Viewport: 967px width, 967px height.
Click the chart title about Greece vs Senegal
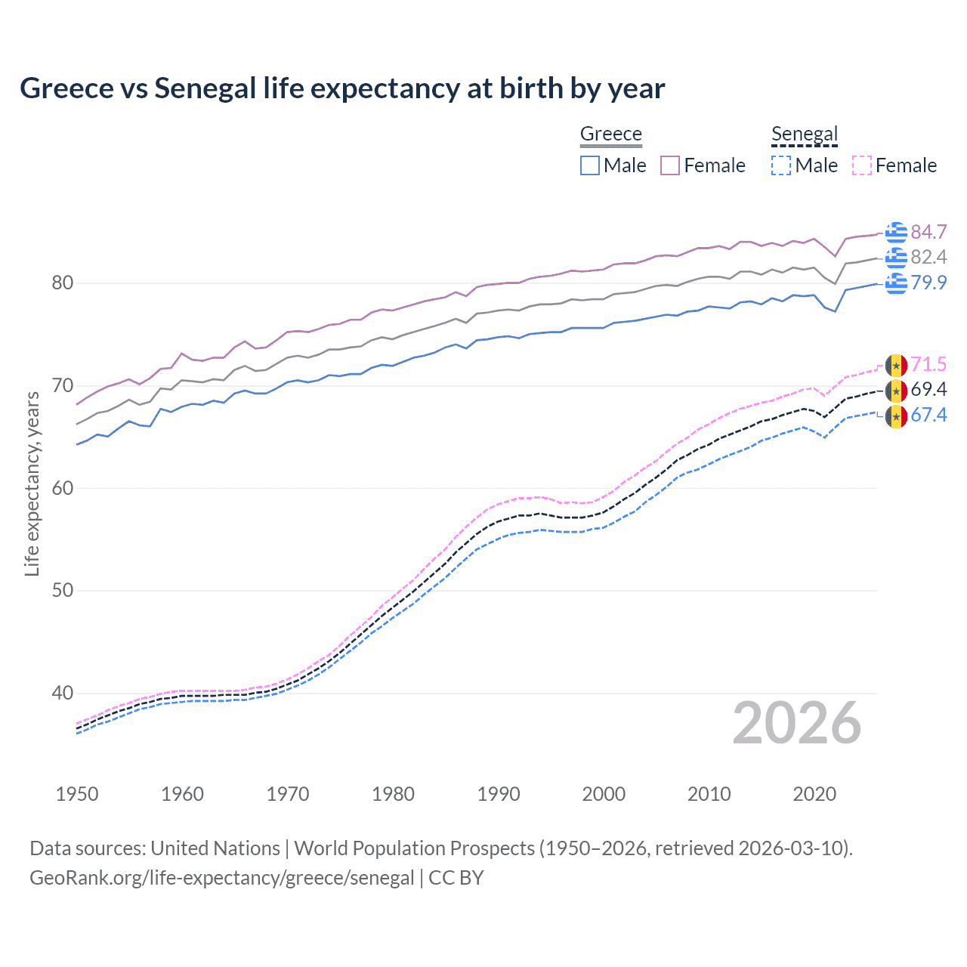[342, 88]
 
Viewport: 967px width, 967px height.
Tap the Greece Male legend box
[590, 165]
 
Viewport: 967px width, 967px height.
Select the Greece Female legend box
[670, 165]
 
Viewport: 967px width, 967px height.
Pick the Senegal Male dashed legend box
[781, 165]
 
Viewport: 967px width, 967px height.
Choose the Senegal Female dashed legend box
[862, 165]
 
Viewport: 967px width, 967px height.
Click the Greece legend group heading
[610, 134]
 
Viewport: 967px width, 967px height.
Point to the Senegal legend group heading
[805, 134]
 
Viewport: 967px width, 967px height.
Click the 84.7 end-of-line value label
[928, 232]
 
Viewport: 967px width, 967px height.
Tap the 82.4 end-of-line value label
[928, 258]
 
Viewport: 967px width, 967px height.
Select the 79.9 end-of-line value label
[928, 283]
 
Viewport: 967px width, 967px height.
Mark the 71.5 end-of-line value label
[928, 364]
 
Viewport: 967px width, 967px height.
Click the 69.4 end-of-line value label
[928, 390]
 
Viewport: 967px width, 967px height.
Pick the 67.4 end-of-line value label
[928, 415]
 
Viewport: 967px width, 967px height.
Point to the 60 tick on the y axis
[63, 488]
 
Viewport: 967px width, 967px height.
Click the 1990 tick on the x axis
[499, 794]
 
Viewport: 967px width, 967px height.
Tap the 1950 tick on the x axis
[77, 794]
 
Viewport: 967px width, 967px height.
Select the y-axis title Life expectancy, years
[32, 483]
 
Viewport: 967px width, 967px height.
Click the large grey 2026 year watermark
[796, 724]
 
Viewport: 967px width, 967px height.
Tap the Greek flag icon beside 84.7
[896, 232]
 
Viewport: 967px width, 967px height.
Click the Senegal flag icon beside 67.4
[896, 416]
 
